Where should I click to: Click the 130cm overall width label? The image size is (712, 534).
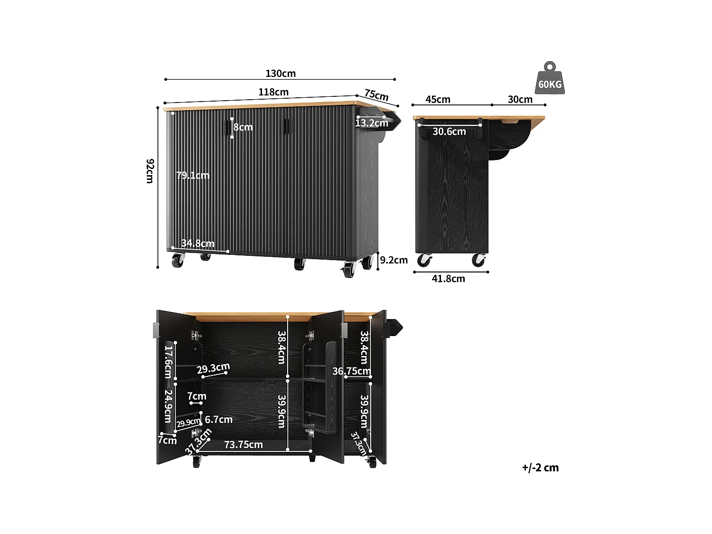coord(280,74)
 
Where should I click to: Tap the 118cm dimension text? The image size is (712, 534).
coord(273,92)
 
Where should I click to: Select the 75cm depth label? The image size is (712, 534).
coord(376,95)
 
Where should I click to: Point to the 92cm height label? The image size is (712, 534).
coord(150,171)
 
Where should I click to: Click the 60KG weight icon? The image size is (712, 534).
coord(550,79)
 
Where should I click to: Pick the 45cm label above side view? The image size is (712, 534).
coord(438,100)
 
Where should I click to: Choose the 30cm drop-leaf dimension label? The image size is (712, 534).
coord(520,100)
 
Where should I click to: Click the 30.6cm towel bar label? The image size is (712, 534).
coord(449,132)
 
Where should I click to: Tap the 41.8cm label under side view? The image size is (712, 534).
coord(448,279)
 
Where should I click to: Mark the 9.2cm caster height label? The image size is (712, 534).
coord(393,260)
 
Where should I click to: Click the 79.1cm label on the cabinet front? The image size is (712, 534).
coord(192,176)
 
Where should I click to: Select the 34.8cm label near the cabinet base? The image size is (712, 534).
coord(197,244)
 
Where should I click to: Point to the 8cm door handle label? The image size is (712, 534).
coord(243,127)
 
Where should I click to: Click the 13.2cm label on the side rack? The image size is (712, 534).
coord(372,123)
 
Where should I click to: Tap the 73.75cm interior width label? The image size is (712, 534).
coord(243,445)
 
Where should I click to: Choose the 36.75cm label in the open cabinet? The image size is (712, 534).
coord(351,371)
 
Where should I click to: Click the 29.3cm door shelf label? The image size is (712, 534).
coord(213,368)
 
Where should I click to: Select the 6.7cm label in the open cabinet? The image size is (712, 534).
coord(218,420)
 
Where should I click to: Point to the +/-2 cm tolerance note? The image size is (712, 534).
coord(540,468)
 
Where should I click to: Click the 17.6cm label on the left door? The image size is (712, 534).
coord(168,361)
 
